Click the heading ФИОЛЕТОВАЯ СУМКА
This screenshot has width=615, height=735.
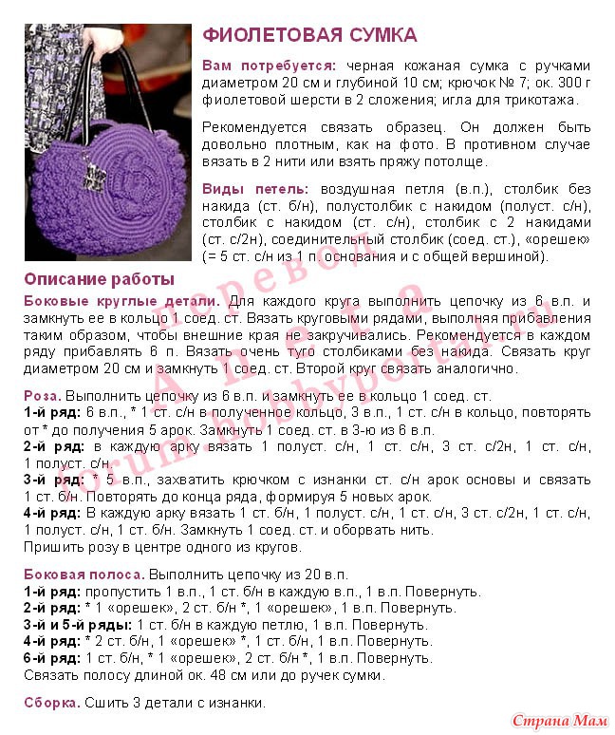click(x=309, y=36)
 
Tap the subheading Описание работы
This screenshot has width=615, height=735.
click(x=99, y=279)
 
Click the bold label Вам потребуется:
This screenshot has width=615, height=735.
click(x=269, y=66)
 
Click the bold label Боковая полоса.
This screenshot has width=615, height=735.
click(x=84, y=574)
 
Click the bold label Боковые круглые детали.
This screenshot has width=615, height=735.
click(x=121, y=300)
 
